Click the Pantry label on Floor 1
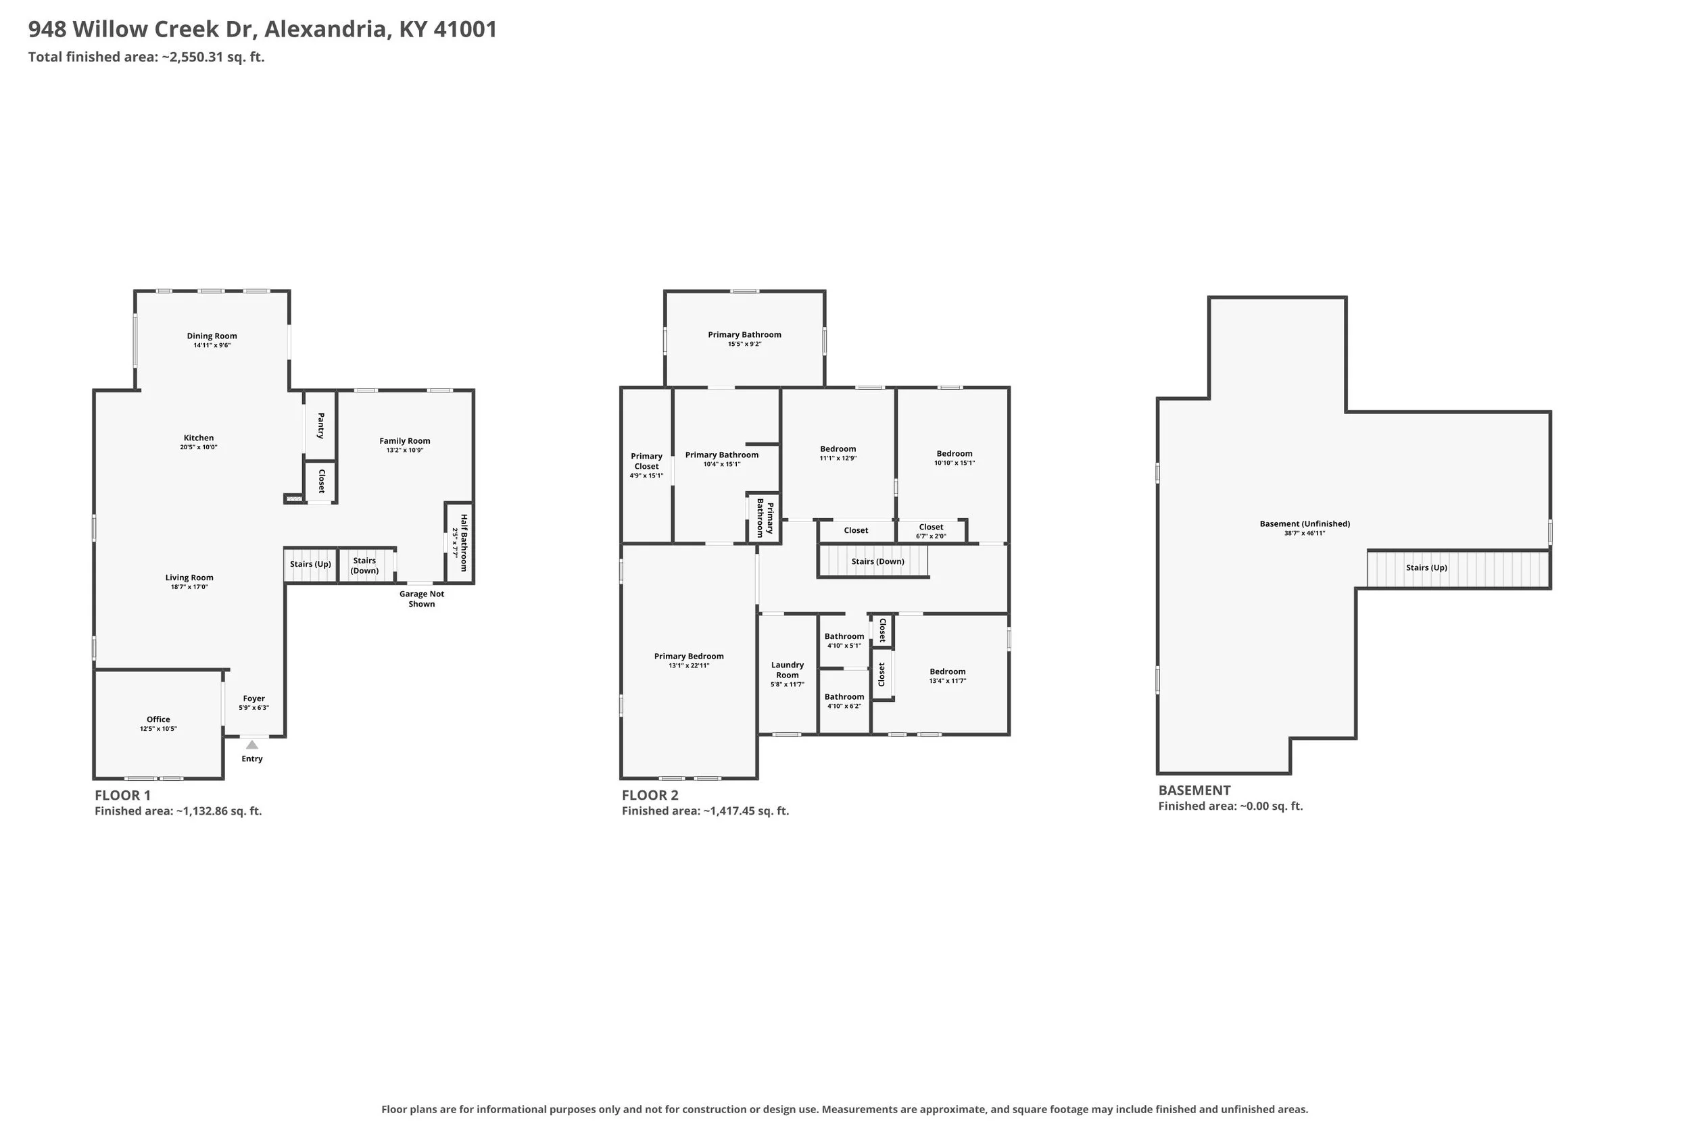coord(320,425)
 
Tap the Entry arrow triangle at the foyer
coord(252,744)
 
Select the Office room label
coord(159,719)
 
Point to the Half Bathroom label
coord(464,543)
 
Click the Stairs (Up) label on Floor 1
coord(310,564)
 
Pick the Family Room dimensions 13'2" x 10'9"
coord(404,451)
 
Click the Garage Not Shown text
coord(422,599)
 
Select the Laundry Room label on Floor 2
coord(788,670)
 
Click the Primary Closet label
coord(647,461)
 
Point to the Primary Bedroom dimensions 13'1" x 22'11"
coord(689,666)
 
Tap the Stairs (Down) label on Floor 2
coord(878,561)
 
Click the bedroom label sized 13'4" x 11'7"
coord(948,671)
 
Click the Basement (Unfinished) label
coord(1305,523)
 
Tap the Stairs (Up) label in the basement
coord(1426,567)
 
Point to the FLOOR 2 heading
coord(650,795)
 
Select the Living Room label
coord(189,578)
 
